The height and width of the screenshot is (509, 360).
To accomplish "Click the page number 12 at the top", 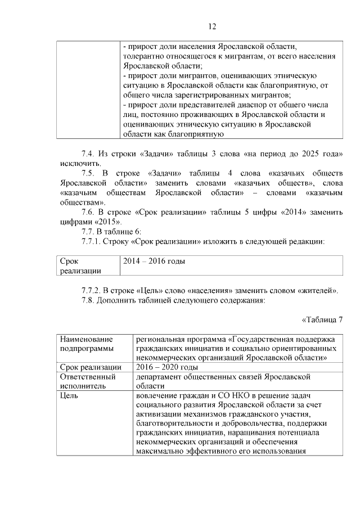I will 212,26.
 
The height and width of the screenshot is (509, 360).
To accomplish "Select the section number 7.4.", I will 89,154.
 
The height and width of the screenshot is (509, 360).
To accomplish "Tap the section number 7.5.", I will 89,173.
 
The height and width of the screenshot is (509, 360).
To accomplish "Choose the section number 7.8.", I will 89,300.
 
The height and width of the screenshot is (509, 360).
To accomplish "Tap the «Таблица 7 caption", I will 322,320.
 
